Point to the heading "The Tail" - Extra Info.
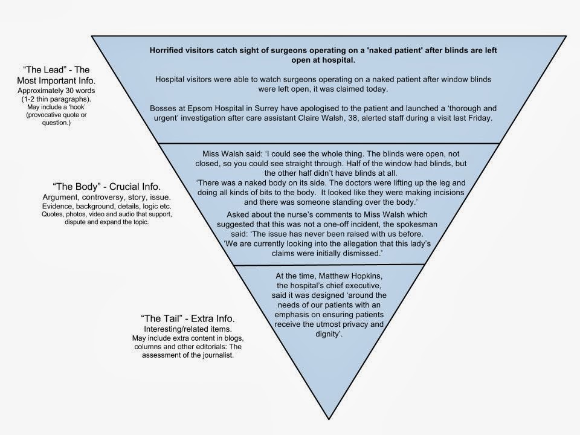tap(188, 318)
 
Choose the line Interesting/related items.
tap(187, 328)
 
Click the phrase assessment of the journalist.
tap(187, 355)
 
